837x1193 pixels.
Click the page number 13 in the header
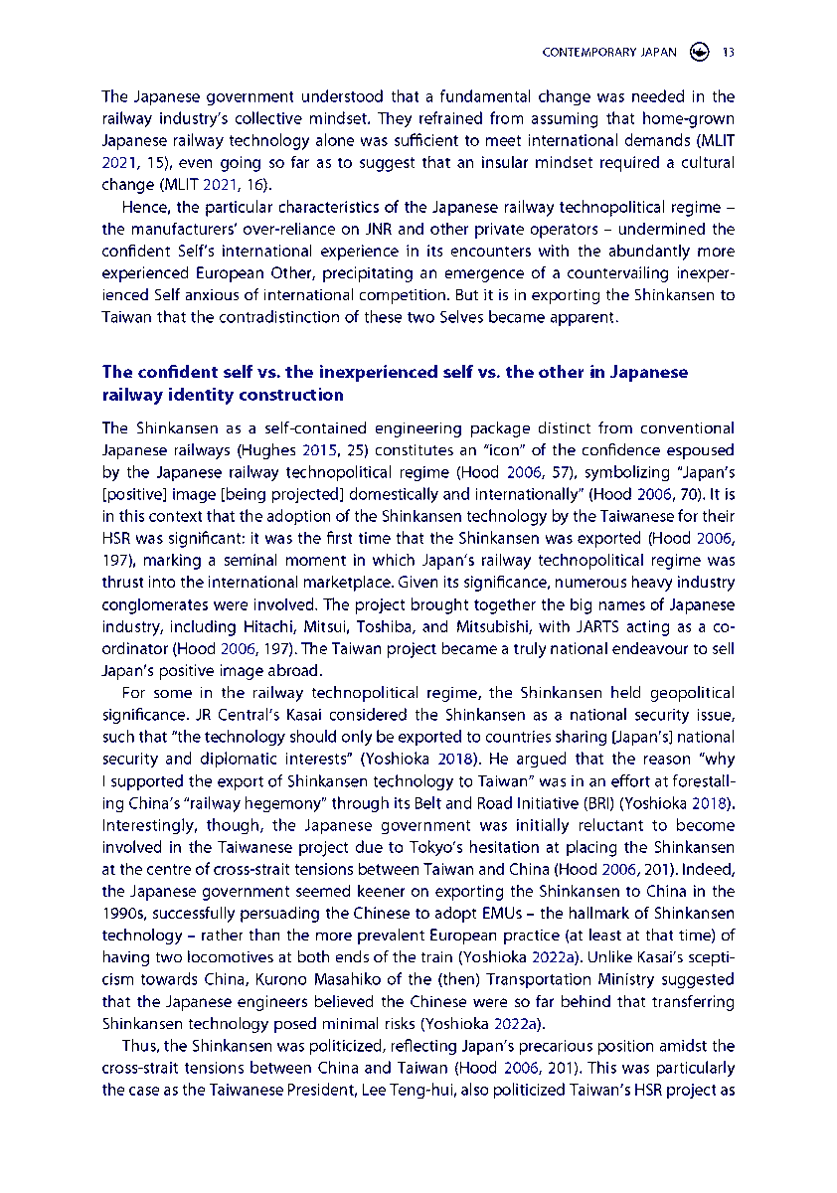(x=729, y=53)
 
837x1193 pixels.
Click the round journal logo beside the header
(x=700, y=53)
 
